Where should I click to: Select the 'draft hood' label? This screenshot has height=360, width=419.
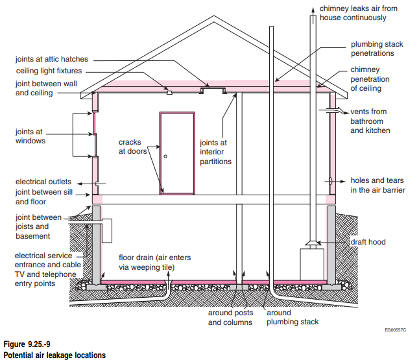click(367, 242)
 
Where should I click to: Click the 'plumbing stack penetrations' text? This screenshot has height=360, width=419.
click(377, 49)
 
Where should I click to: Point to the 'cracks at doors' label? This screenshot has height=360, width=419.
click(132, 147)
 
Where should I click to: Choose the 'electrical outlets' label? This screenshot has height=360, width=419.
click(43, 182)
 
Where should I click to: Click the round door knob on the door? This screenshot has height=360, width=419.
click(165, 156)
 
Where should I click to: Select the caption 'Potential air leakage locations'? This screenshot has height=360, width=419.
click(54, 354)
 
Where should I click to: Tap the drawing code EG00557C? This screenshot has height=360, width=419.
click(393, 330)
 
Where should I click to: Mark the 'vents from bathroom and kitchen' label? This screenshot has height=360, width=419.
click(370, 121)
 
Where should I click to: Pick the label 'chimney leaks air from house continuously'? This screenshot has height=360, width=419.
click(359, 13)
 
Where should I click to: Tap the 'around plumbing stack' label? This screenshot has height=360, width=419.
click(293, 317)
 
